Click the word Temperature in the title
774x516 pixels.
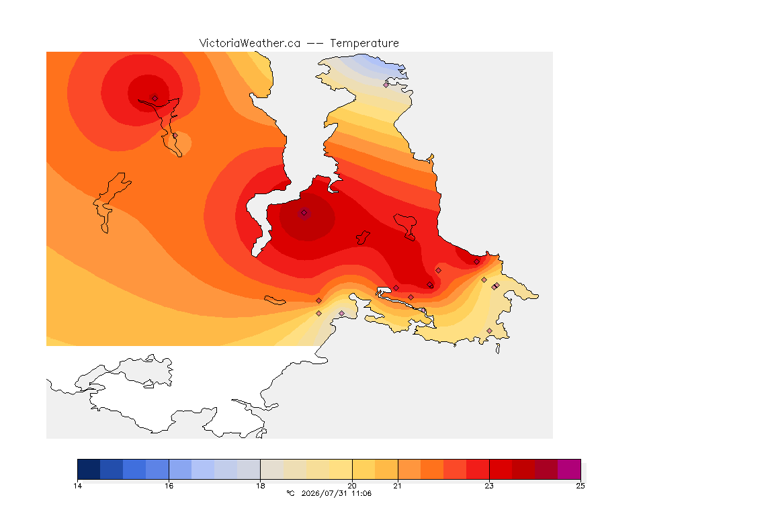pos(364,44)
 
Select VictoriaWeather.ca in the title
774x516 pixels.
pos(250,44)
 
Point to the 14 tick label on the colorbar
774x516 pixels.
pos(77,486)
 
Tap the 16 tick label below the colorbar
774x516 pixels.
pos(169,486)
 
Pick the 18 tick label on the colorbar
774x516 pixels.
pos(260,486)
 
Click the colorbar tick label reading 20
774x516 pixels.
pos(352,486)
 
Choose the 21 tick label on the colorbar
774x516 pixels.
pos(397,486)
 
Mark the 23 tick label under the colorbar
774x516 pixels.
pos(488,486)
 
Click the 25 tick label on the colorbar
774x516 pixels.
pos(580,486)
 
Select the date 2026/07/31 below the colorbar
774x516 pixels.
pos(325,493)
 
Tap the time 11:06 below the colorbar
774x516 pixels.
pos(361,493)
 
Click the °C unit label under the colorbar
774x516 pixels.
pos(290,493)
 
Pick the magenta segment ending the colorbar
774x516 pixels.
pos(569,469)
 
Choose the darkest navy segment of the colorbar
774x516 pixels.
pos(89,469)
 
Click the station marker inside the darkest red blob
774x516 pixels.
pos(304,213)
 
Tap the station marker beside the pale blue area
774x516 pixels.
pos(386,85)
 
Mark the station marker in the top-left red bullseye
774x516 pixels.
pos(155,98)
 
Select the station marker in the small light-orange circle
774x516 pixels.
pos(175,135)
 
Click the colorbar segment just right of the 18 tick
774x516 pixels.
pos(272,469)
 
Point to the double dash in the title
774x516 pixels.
pos(315,44)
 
